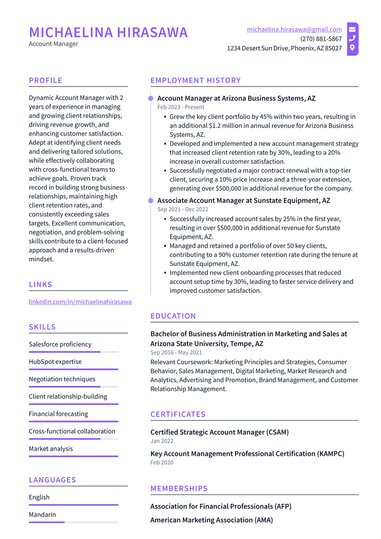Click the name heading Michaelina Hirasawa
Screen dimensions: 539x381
pos(108,33)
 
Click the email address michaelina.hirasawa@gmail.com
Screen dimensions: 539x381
pos(294,30)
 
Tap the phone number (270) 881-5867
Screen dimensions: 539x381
pos(320,39)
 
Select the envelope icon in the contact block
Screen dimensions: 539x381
pos(352,29)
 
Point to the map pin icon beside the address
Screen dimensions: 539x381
pos(352,48)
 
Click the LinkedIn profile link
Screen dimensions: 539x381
pos(80,302)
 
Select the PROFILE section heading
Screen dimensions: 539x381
pos(46,80)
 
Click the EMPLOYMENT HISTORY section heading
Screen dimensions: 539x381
pos(195,80)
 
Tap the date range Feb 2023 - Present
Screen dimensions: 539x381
pos(181,107)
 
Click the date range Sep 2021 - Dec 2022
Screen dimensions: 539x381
pos(183,209)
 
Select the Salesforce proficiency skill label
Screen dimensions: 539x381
pos(60,344)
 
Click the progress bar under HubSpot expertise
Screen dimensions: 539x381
pos(73,369)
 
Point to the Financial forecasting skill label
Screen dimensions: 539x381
pos(58,414)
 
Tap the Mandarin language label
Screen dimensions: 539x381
pos(42,515)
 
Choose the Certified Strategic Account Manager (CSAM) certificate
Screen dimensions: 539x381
pos(219,432)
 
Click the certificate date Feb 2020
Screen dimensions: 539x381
pos(162,463)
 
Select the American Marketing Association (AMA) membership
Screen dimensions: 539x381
pos(211,520)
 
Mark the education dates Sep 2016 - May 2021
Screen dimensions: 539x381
pos(176,352)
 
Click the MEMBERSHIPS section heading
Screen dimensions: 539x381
pos(179,488)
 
